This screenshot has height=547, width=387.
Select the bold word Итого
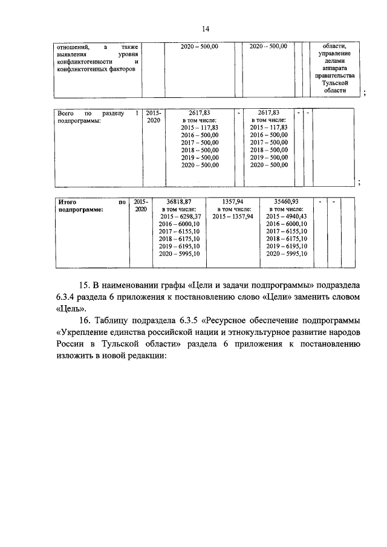(68, 201)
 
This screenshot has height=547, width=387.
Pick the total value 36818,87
(178, 201)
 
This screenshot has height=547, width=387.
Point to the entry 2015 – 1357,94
(233, 216)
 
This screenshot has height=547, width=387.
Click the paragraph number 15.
(85, 284)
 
